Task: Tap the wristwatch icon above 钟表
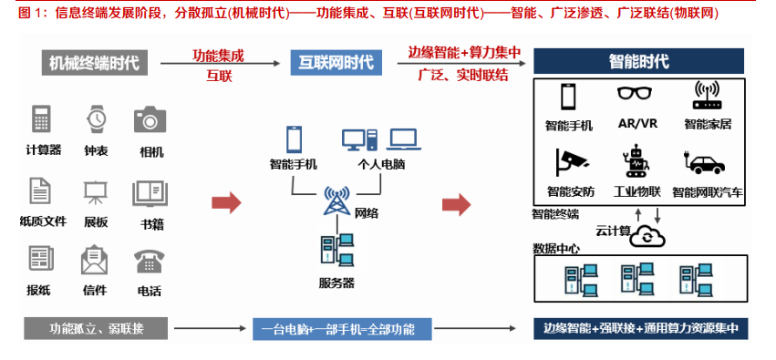tap(96, 119)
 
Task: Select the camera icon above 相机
tap(150, 119)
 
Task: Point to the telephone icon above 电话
tap(150, 262)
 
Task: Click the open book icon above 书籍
tap(150, 192)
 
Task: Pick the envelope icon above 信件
tap(95, 262)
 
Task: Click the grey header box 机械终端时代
tap(95, 63)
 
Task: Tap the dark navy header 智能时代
tap(638, 62)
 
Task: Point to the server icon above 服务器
tap(336, 253)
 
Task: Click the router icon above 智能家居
tap(707, 95)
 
